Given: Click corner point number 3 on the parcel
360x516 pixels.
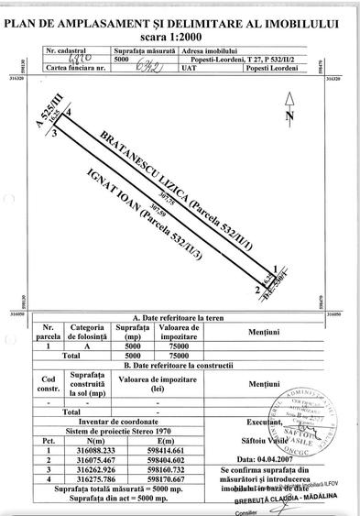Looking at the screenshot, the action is [57, 133].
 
